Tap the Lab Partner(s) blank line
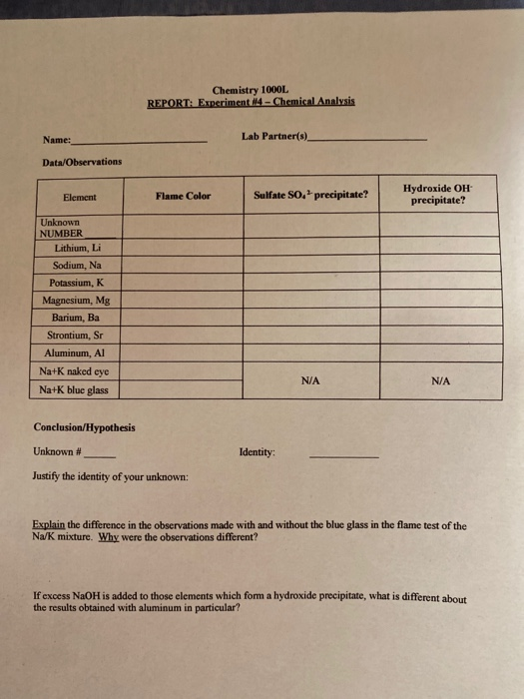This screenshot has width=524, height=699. [369, 139]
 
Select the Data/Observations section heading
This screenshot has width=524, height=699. [82, 162]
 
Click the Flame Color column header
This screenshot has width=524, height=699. [183, 197]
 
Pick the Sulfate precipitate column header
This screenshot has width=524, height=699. [309, 196]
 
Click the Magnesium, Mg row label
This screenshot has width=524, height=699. [76, 300]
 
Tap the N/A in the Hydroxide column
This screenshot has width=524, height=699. [440, 380]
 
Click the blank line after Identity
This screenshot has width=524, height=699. [343, 455]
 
